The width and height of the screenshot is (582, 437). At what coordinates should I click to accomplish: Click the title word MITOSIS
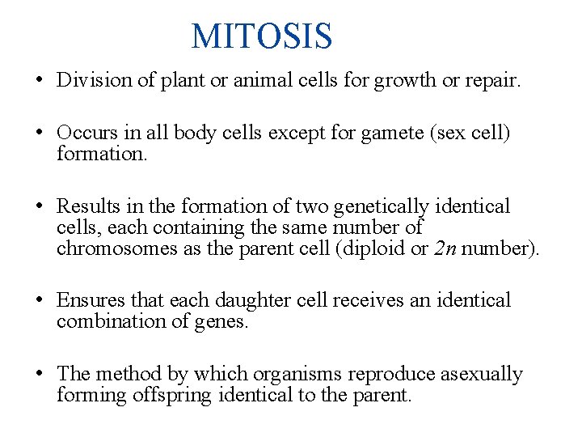click(261, 36)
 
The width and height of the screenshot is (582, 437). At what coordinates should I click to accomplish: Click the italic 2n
click(446, 248)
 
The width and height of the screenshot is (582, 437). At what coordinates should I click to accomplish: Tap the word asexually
click(477, 375)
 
